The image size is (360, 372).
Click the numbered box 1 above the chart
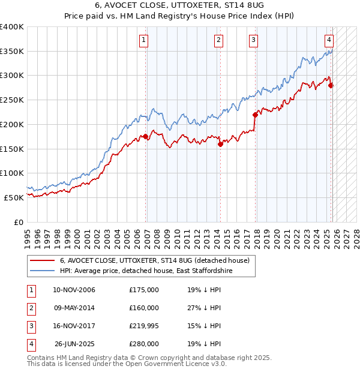coord(145,40)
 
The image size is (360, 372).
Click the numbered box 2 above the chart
coord(218,40)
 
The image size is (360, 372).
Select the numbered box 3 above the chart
coord(254,40)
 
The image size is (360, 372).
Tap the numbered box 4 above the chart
coord(329,40)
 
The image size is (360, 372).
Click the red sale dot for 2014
coord(220,144)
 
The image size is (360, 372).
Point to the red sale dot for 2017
coord(255,115)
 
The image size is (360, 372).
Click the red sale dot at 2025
coord(331,85)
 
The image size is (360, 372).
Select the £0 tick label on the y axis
coord(18,222)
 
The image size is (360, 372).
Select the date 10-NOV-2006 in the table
coord(74,290)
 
